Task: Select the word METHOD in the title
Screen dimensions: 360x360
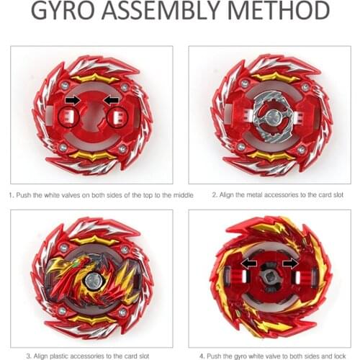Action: click(x=282, y=13)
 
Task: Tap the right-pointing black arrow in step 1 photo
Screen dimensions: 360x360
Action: click(x=73, y=99)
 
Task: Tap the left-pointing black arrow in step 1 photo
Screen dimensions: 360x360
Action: click(x=111, y=99)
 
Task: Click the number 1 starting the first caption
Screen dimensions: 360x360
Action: click(x=11, y=195)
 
